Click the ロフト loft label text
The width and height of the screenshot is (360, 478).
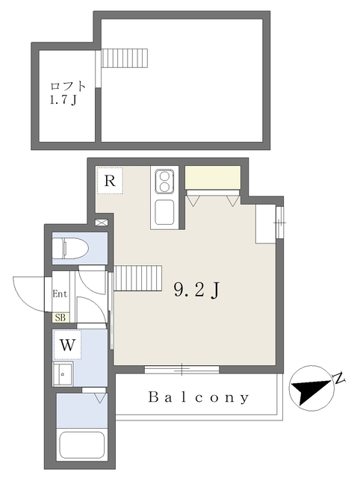pyautogui.click(x=68, y=87)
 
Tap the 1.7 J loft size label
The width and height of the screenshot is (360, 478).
pyautogui.click(x=63, y=99)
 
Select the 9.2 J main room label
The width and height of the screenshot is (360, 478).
pyautogui.click(x=196, y=290)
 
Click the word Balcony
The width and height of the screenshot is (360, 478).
pyautogui.click(x=199, y=397)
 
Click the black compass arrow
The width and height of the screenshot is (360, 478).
pyautogui.click(x=311, y=390)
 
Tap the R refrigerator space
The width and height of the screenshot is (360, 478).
pyautogui.click(x=110, y=181)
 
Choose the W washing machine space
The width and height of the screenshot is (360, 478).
pyautogui.click(x=67, y=345)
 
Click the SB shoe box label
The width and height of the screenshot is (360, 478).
pyautogui.click(x=60, y=317)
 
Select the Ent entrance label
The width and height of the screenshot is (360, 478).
pyautogui.click(x=60, y=294)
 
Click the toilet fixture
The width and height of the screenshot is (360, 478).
pyautogui.click(x=70, y=249)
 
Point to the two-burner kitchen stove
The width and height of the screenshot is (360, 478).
pyautogui.click(x=164, y=181)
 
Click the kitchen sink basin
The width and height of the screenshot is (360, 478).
pyautogui.click(x=164, y=212)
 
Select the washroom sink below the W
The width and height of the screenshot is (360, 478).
pyautogui.click(x=63, y=373)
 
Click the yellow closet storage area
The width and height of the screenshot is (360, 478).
pyautogui.click(x=213, y=178)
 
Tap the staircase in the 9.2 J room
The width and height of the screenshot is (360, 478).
pyautogui.click(x=137, y=278)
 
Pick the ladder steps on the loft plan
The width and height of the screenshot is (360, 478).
pyautogui.click(x=125, y=58)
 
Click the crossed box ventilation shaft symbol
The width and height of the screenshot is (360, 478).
pyautogui.click(x=101, y=223)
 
